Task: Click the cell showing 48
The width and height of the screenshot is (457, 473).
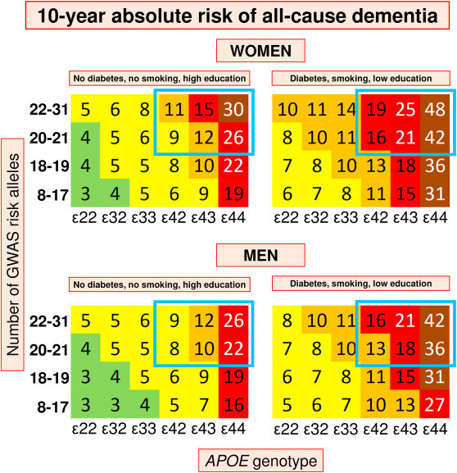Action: click(x=435, y=108)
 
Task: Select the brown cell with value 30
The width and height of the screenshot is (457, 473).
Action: click(x=233, y=108)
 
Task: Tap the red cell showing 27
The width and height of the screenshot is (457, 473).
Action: click(x=435, y=404)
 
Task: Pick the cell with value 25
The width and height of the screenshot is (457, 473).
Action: click(x=405, y=108)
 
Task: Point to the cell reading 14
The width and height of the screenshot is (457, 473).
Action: click(x=346, y=108)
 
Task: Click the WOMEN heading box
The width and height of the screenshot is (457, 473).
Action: click(x=260, y=51)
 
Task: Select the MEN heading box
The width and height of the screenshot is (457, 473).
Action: click(x=260, y=256)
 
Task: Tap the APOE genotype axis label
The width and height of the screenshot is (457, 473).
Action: click(x=260, y=461)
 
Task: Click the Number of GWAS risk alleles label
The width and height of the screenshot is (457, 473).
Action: click(x=12, y=255)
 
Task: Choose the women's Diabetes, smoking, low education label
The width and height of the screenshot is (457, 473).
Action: click(x=361, y=79)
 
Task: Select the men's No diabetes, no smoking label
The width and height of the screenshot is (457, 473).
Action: click(x=160, y=284)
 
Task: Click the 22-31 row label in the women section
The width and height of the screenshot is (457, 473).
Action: click(x=49, y=109)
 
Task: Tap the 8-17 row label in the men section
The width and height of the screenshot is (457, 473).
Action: click(x=52, y=407)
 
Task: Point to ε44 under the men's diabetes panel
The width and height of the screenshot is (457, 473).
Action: click(x=435, y=429)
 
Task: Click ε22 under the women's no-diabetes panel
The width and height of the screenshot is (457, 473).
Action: click(x=84, y=217)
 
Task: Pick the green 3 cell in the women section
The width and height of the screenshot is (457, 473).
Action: click(x=86, y=193)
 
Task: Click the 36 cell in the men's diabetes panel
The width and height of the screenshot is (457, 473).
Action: click(x=435, y=348)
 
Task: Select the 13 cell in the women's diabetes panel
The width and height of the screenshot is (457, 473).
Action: click(x=376, y=165)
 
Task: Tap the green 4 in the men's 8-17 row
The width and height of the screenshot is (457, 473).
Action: click(x=145, y=404)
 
